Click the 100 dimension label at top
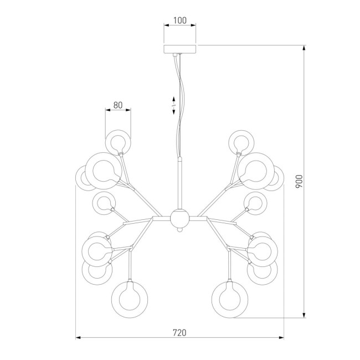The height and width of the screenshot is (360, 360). pyautogui.click(x=180, y=20)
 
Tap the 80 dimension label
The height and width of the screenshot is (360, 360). pyautogui.click(x=117, y=104)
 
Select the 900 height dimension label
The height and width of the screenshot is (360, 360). pyautogui.click(x=299, y=181)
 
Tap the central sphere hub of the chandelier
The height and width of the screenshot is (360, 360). pyautogui.click(x=179, y=218)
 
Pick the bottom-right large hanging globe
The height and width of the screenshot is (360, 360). pyautogui.click(x=229, y=298)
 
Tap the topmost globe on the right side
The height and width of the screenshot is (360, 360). pyautogui.click(x=241, y=141)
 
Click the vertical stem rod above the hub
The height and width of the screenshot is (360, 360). pyautogui.click(x=179, y=183)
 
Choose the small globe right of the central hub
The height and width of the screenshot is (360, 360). pyautogui.click(x=255, y=203)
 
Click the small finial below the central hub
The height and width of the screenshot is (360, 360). pyautogui.click(x=179, y=233)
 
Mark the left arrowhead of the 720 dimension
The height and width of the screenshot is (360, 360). pyautogui.click(x=78, y=337)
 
